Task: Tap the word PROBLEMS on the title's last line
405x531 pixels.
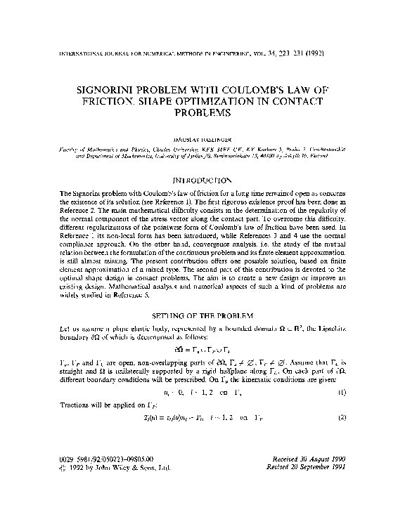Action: pyautogui.click(x=203, y=112)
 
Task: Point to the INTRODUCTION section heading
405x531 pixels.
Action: pyautogui.click(x=203, y=181)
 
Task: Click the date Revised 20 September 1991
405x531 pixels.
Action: pyautogui.click(x=319, y=487)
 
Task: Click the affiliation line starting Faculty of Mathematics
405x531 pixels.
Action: pyautogui.click(x=197, y=150)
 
